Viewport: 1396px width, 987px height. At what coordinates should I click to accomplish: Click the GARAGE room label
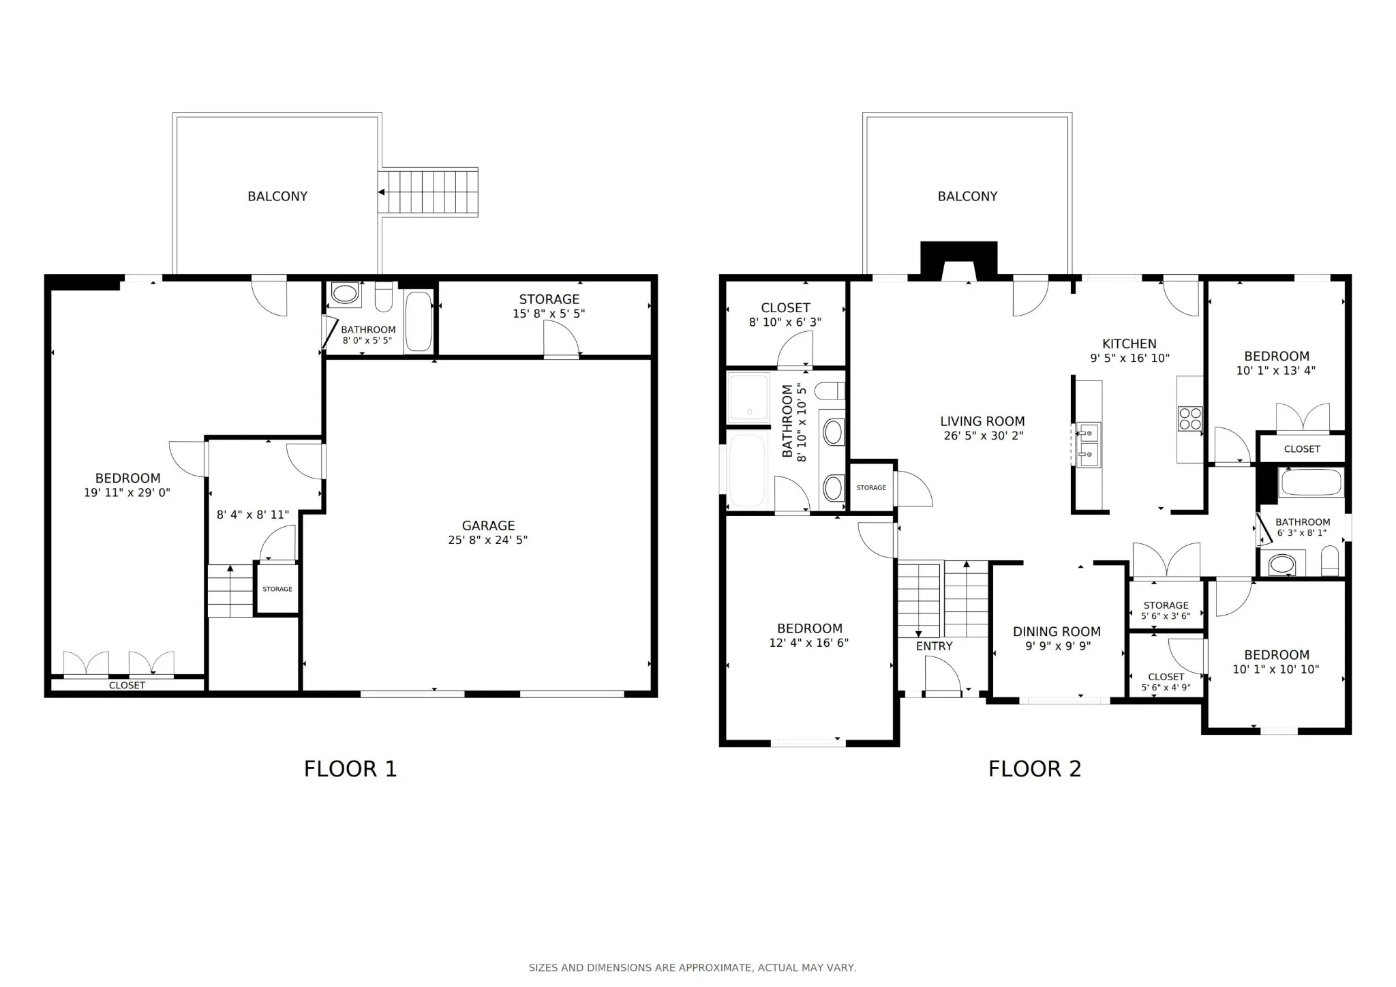point(488,526)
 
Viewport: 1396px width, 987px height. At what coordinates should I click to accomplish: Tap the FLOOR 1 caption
point(350,769)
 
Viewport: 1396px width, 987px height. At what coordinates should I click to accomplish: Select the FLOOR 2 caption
point(1035,769)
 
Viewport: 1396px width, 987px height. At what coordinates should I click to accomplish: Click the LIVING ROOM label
point(982,421)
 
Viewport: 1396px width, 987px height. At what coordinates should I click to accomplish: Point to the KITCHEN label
point(1129,344)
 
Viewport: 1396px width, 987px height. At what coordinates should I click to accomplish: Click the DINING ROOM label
point(1057,631)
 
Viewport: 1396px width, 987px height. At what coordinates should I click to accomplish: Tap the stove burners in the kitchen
point(1190,418)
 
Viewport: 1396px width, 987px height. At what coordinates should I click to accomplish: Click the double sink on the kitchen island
point(1088,444)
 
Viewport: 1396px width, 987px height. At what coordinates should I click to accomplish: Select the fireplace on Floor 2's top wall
point(959,261)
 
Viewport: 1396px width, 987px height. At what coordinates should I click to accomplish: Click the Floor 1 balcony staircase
point(428,192)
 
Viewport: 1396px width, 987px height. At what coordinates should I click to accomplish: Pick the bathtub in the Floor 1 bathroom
point(419,322)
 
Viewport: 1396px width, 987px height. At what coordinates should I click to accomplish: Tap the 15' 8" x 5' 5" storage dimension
point(549,314)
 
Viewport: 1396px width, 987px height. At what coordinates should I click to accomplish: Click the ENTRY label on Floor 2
point(934,646)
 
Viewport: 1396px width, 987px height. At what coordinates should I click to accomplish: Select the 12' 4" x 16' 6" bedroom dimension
point(809,642)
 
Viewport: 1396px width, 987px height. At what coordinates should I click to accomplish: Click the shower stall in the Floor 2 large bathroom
point(748,397)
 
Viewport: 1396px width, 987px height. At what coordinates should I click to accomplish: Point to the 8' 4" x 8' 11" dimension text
point(253,515)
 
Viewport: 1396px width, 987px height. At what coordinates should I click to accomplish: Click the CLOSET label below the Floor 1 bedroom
point(127,685)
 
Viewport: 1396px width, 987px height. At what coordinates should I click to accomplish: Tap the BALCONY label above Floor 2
point(967,196)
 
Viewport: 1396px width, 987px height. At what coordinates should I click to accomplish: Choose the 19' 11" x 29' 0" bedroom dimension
point(127,492)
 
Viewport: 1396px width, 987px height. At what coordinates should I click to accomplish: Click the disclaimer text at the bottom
point(693,967)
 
